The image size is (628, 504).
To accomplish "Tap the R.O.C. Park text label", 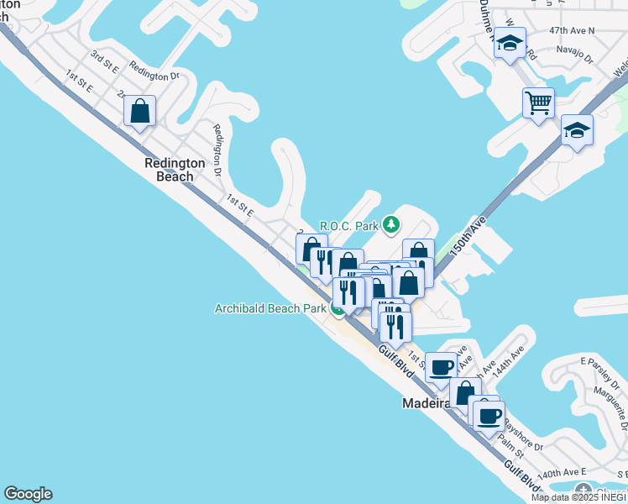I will [349, 226].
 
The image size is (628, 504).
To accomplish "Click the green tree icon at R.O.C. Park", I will [390, 224].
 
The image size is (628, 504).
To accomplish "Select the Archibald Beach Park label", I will [270, 308].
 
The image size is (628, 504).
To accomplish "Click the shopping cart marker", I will [538, 104].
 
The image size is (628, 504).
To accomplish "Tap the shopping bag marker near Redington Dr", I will [139, 112].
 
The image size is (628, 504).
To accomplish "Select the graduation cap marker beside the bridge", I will [577, 131].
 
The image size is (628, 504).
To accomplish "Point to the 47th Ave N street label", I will [571, 30].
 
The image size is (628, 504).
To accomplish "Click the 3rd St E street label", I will [105, 60].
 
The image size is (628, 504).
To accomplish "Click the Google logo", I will [28, 494].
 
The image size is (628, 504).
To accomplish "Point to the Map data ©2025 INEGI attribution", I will [578, 497].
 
